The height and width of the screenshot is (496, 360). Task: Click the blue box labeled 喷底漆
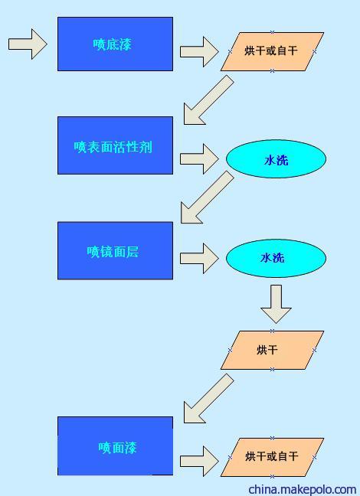115,44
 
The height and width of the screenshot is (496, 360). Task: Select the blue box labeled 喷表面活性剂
115,145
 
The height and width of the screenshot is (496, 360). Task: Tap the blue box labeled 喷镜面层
115,250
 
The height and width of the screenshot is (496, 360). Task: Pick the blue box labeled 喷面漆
115,446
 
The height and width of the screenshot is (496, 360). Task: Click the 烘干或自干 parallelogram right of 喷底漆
272,51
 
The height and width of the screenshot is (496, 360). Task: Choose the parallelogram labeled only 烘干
272,350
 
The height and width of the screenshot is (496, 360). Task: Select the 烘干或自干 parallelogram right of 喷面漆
272,457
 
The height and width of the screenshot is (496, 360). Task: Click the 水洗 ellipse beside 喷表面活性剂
276,158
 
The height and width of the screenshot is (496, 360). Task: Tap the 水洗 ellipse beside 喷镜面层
276,259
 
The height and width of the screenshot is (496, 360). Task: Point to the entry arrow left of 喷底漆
28,44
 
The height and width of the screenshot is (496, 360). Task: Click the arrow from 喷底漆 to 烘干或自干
199,51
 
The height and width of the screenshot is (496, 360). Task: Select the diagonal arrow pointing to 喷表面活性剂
208,100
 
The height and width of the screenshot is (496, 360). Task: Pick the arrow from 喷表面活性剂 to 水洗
199,158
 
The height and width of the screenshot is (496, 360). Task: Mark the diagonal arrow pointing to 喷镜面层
206,197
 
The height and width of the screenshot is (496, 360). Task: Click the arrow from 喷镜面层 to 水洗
199,259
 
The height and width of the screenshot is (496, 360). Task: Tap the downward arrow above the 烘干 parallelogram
276,305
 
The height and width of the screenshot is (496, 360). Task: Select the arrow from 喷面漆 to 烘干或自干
199,462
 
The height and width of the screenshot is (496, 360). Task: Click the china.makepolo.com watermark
303,489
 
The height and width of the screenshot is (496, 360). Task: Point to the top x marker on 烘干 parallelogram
272,331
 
